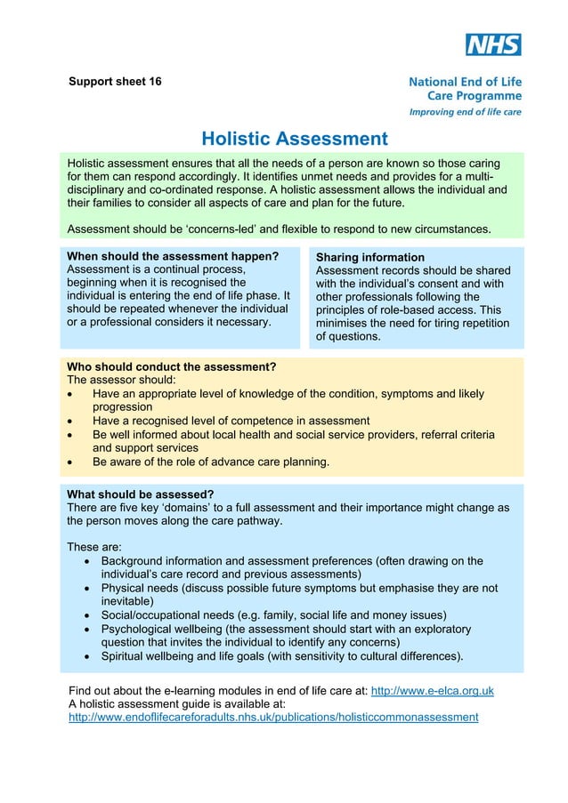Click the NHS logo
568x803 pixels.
pyautogui.click(x=493, y=44)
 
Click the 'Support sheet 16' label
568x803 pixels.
pyautogui.click(x=116, y=82)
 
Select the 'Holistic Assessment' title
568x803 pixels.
pyautogui.click(x=295, y=139)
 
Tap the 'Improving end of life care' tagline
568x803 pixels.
pyautogui.click(x=465, y=112)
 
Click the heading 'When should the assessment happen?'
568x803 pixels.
pyautogui.click(x=173, y=256)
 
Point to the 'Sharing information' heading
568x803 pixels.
pyautogui.click(x=370, y=257)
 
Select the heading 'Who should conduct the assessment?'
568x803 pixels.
pyautogui.click(x=172, y=366)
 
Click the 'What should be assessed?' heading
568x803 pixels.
pyautogui.click(x=141, y=494)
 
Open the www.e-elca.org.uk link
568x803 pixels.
pyautogui.click(x=432, y=691)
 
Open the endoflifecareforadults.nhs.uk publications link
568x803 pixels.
pyautogui.click(x=273, y=717)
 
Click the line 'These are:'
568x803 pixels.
pyautogui.click(x=94, y=547)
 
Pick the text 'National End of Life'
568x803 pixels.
pyautogui.click(x=465, y=82)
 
